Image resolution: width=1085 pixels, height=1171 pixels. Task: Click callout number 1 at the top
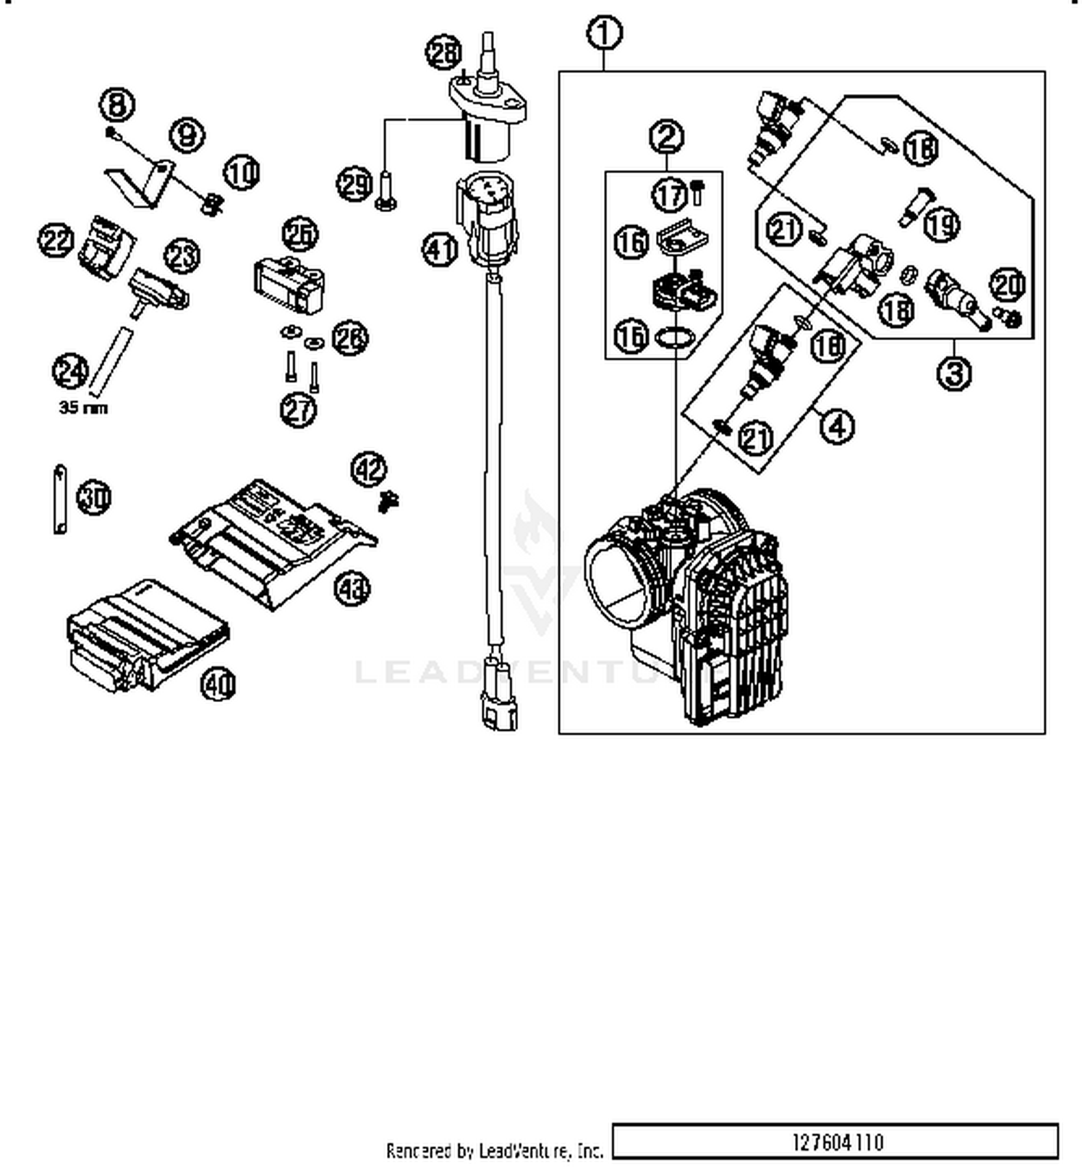pyautogui.click(x=605, y=33)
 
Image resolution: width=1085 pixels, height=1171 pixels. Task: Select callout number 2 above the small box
pyautogui.click(x=666, y=135)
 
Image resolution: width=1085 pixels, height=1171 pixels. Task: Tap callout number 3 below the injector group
pyautogui.click(x=954, y=373)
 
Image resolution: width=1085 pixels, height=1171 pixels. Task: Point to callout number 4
pyautogui.click(x=836, y=426)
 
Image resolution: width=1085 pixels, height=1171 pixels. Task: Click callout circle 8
pyautogui.click(x=117, y=104)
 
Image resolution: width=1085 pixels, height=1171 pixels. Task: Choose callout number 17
pyautogui.click(x=670, y=194)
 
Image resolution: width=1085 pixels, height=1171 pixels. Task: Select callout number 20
pyautogui.click(x=1007, y=284)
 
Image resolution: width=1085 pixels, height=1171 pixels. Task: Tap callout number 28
pyautogui.click(x=443, y=53)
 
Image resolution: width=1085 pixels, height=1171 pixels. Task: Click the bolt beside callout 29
pyautogui.click(x=385, y=190)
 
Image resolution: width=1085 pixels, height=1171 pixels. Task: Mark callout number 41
pyautogui.click(x=440, y=250)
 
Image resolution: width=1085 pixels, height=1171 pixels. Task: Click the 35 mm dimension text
pyautogui.click(x=83, y=407)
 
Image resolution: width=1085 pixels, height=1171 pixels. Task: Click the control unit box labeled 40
pyautogui.click(x=145, y=633)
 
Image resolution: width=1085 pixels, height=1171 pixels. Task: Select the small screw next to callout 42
pyautogui.click(x=390, y=500)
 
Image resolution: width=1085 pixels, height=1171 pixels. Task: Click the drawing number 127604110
pyautogui.click(x=837, y=1143)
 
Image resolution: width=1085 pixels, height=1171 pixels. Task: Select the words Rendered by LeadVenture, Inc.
pyautogui.click(x=494, y=1150)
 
